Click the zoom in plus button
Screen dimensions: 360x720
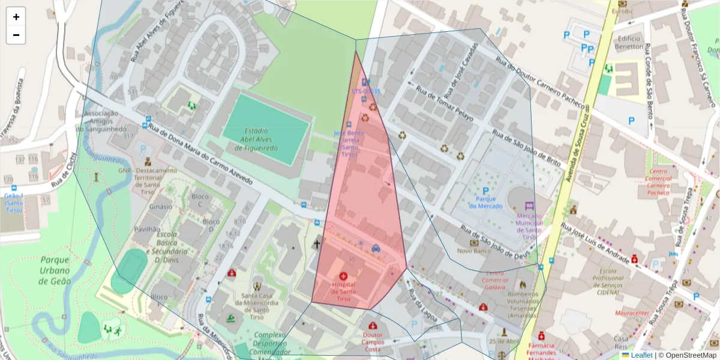(16, 17)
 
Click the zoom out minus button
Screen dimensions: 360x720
(16, 35)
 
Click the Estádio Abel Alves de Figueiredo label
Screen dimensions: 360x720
(260, 139)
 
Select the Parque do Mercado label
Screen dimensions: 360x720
(485, 202)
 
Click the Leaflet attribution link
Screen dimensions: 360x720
(641, 355)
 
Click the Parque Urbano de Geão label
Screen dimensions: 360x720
(55, 270)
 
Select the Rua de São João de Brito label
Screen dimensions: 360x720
(526, 148)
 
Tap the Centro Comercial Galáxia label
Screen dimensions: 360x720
(495, 283)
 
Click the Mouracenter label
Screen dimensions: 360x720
(632, 313)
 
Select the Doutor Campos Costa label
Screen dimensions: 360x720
(373, 342)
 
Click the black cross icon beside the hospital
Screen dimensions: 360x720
(316, 244)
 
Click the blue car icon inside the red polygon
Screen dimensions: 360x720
(376, 247)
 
